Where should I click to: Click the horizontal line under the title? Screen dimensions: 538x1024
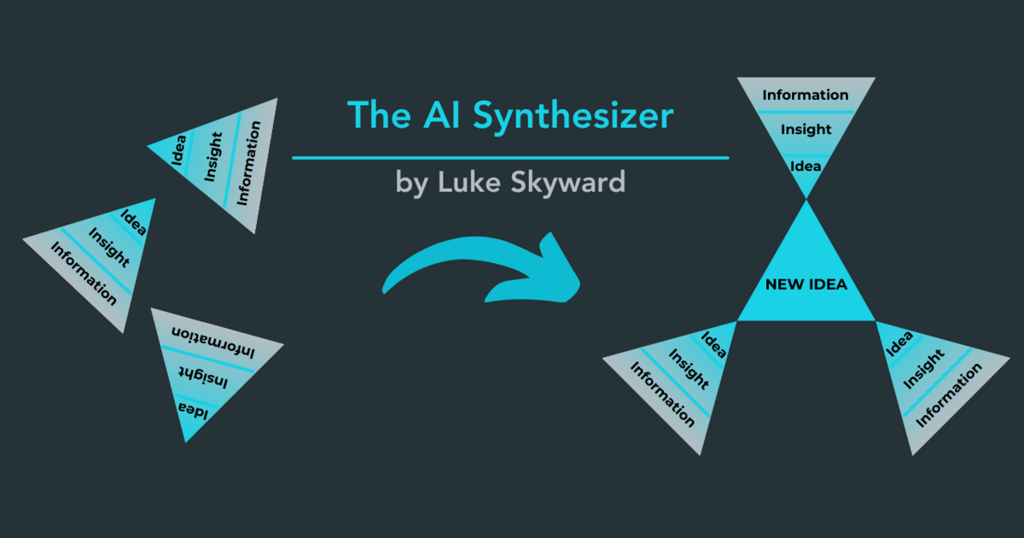[x=510, y=158]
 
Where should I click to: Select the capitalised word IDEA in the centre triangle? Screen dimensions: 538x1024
[x=827, y=284]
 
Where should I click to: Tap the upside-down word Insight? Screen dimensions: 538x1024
[x=202, y=376]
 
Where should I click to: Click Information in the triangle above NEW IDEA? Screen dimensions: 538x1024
[x=806, y=95]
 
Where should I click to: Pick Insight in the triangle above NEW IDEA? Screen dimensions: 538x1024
[x=806, y=130]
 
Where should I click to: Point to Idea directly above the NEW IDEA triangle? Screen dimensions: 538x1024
[x=806, y=166]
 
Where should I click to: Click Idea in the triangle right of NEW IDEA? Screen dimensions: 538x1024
[x=900, y=343]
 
